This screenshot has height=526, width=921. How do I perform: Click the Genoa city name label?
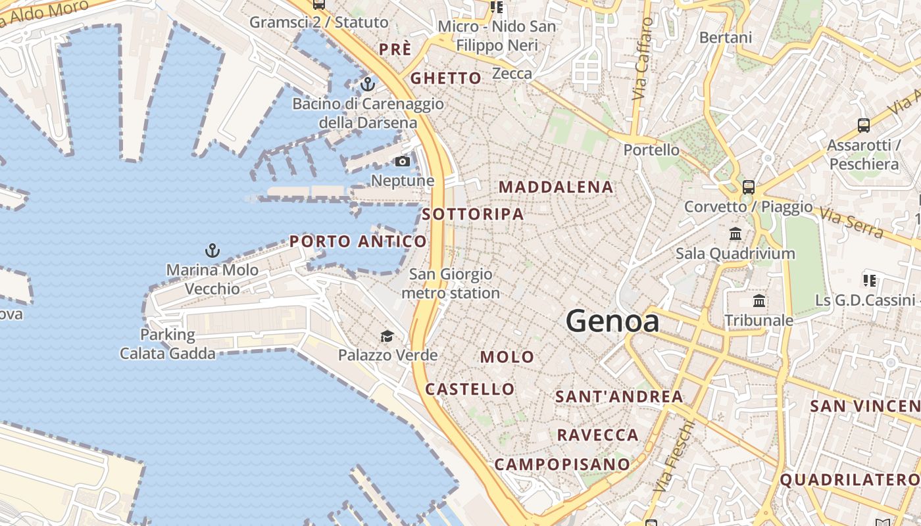click(x=612, y=322)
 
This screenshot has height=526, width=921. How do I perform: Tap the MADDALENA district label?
click(x=556, y=187)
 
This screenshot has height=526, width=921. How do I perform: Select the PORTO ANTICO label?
click(x=358, y=241)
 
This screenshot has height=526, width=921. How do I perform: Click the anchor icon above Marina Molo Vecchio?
click(x=212, y=250)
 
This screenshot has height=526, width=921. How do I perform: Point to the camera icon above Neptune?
click(x=402, y=161)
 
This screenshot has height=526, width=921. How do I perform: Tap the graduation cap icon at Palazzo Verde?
click(x=387, y=337)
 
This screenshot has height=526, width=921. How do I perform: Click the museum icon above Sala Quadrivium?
click(x=735, y=233)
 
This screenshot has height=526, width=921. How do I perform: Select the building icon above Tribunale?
click(x=759, y=301)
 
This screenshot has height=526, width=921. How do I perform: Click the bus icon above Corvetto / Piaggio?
click(x=748, y=187)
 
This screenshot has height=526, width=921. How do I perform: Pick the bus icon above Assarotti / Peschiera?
click(x=863, y=125)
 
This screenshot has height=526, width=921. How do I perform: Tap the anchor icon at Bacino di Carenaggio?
click(x=367, y=84)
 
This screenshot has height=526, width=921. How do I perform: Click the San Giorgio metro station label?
click(x=451, y=283)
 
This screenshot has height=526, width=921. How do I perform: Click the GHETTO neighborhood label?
click(x=446, y=78)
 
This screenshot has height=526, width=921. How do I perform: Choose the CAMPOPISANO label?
click(x=562, y=464)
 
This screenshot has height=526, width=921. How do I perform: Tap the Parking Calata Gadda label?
click(x=167, y=344)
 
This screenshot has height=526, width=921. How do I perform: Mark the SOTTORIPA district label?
click(x=472, y=214)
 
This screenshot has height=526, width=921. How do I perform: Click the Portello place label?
click(x=651, y=150)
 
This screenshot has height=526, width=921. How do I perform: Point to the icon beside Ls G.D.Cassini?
click(x=870, y=281)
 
